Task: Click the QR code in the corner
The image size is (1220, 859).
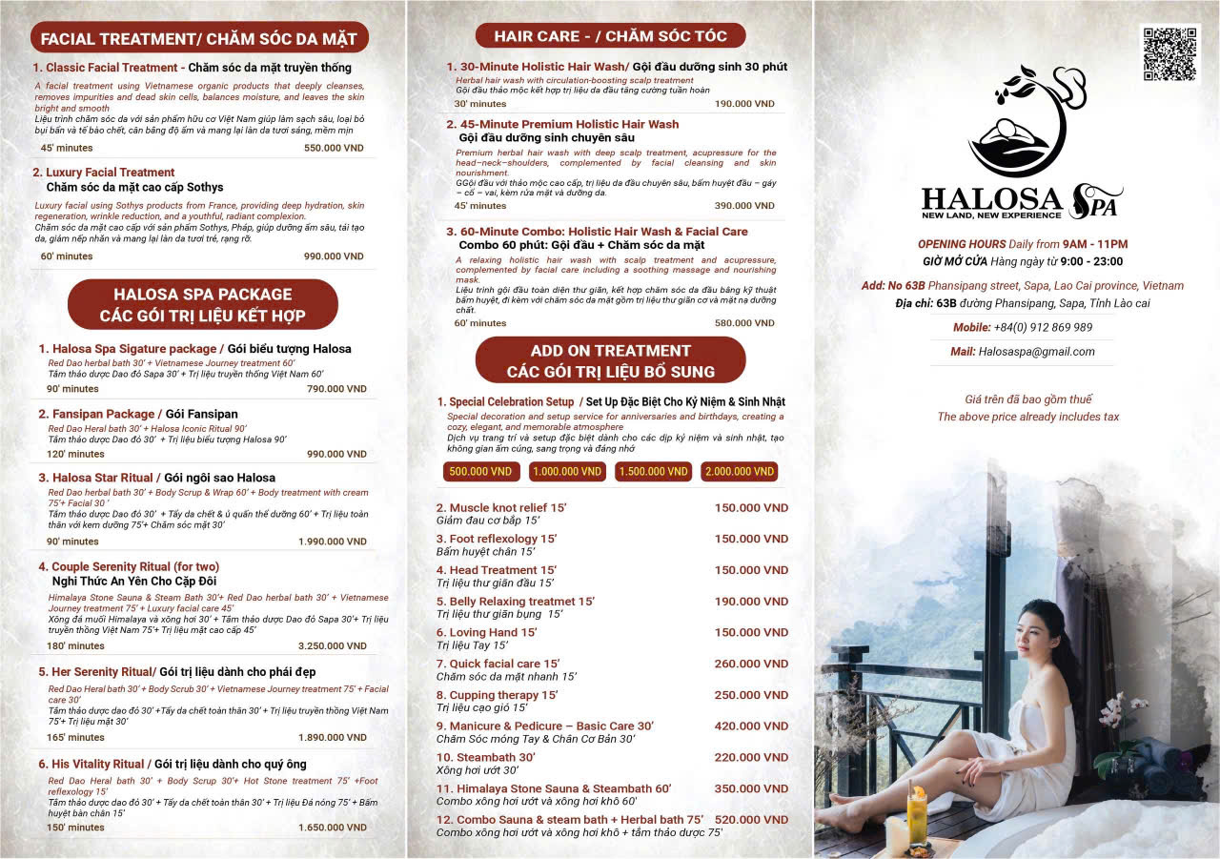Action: [1169, 54]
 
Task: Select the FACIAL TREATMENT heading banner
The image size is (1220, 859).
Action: [198, 38]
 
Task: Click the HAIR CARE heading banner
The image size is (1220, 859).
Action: [610, 36]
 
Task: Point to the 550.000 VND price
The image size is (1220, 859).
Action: [334, 149]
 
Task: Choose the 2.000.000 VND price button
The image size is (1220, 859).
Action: [739, 472]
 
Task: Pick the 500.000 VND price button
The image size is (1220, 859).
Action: [481, 472]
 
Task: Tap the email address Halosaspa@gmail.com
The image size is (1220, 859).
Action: [1036, 352]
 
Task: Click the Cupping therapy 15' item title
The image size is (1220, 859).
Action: [497, 695]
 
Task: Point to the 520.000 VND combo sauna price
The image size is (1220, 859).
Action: [751, 820]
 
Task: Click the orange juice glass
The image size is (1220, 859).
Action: [917, 815]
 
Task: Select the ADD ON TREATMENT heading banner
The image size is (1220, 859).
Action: [610, 360]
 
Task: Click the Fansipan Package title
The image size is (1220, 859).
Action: [96, 414]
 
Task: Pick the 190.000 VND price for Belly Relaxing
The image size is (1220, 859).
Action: [751, 602]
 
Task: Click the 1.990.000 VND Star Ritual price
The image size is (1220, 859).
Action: [334, 542]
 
